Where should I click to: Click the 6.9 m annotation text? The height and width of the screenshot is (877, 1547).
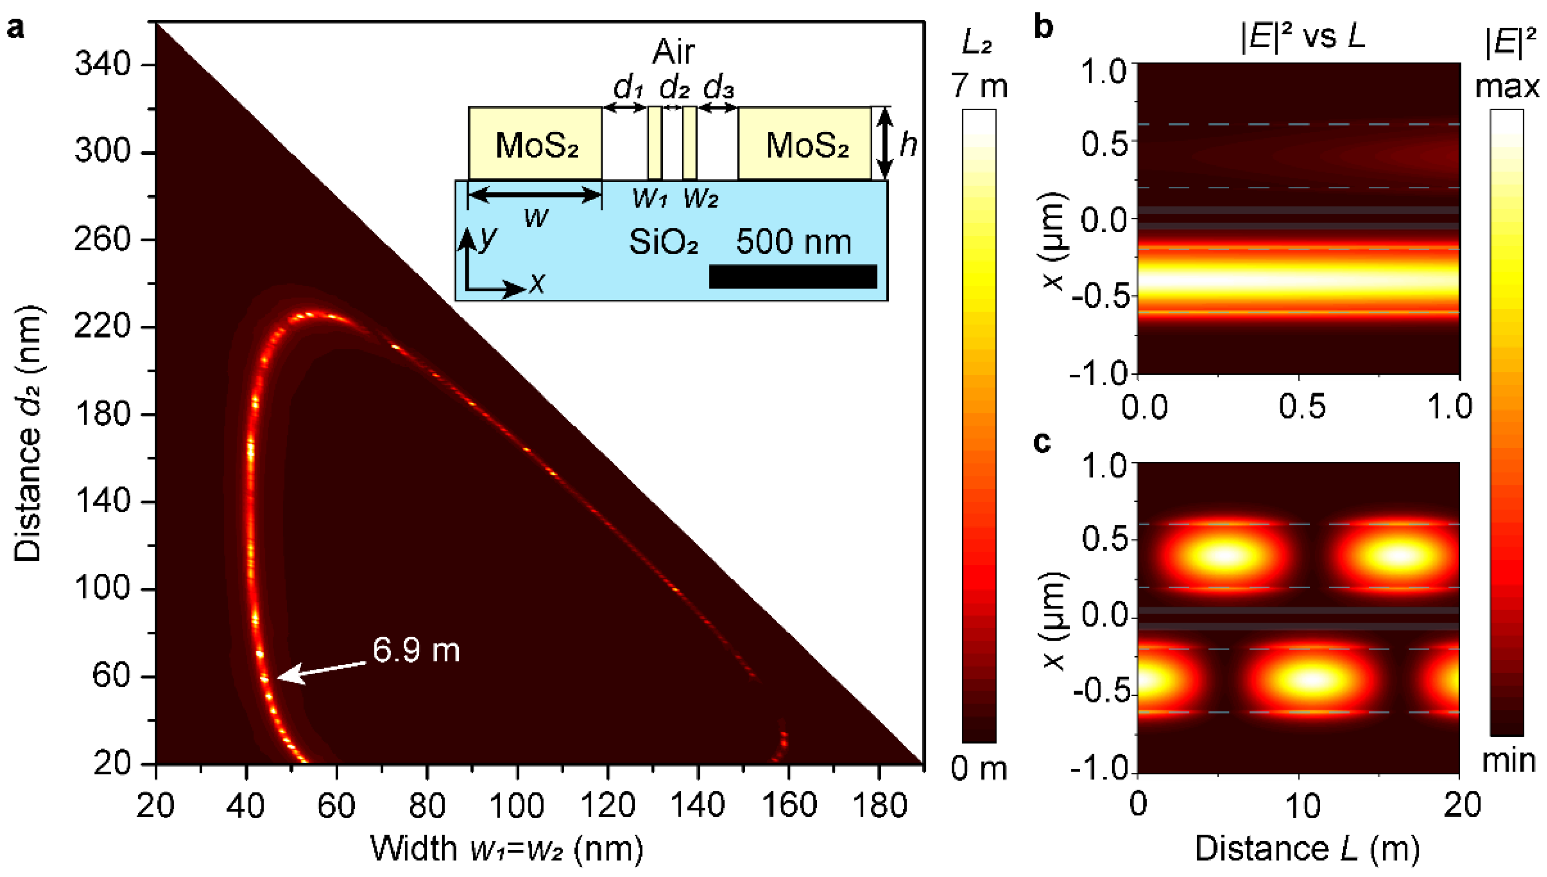[416, 651]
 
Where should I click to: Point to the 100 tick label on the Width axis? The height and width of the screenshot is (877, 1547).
[517, 806]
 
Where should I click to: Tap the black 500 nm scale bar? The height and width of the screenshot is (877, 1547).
[793, 276]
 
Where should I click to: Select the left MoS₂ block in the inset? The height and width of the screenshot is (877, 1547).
[535, 144]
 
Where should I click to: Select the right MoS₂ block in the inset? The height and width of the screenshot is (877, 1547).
[805, 144]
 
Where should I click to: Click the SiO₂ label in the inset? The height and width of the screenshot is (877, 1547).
[663, 242]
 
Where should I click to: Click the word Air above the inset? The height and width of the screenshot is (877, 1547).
[673, 52]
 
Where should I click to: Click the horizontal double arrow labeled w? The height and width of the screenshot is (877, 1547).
[535, 194]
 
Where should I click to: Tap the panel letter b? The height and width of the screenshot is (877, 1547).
[1043, 27]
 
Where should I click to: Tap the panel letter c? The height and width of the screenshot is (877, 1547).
[1042, 442]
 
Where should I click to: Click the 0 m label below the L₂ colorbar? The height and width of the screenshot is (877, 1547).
[979, 769]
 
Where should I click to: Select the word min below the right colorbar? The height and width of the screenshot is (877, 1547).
[1508, 761]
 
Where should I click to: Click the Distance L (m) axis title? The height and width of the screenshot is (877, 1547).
[1307, 848]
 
